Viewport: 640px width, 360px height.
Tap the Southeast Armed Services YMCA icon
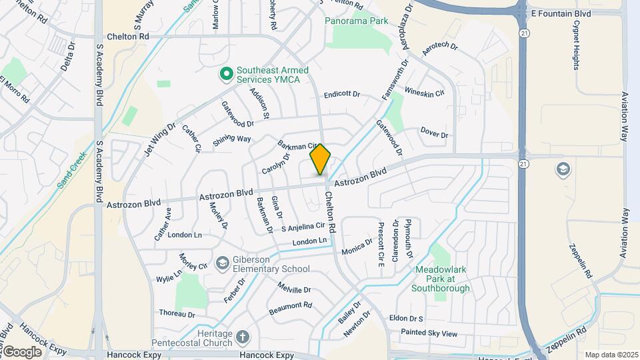(226, 73)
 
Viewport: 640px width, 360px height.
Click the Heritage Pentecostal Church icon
(243, 336)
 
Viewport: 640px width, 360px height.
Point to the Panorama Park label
(356, 21)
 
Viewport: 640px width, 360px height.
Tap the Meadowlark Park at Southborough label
(440, 279)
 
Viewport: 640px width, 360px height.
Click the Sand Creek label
(72, 169)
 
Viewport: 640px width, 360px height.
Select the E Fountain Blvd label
(561, 13)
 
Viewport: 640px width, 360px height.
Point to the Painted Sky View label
(429, 333)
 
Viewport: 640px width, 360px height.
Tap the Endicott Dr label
(341, 95)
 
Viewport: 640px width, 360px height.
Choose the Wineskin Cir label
(425, 93)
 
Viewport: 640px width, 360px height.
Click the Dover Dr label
(435, 133)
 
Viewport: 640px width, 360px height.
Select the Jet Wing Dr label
(159, 139)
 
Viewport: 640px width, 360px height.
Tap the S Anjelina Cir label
(302, 227)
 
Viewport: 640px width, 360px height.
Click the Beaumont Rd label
(290, 308)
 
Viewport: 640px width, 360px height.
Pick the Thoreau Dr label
(177, 313)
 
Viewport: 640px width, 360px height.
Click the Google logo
(22, 351)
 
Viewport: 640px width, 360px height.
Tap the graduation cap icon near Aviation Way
(563, 169)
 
